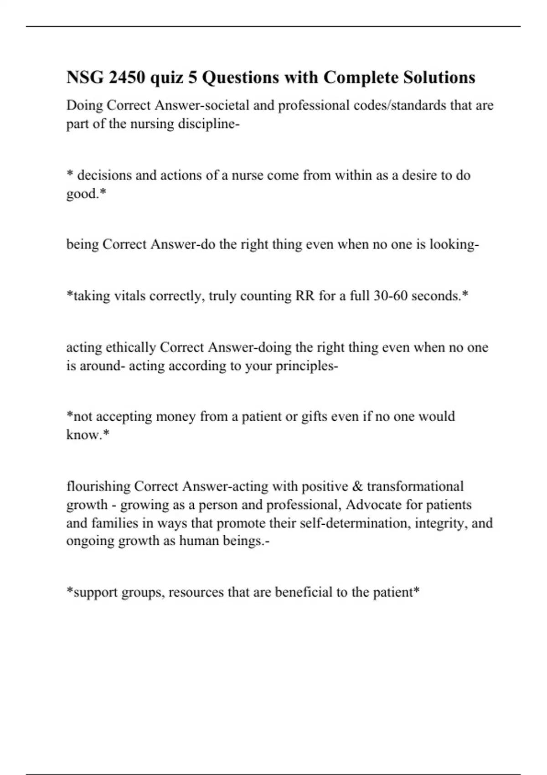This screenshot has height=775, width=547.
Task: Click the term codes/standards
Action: click(x=402, y=105)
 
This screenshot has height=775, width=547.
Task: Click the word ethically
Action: click(x=131, y=347)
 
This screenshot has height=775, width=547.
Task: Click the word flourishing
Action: click(x=98, y=486)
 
